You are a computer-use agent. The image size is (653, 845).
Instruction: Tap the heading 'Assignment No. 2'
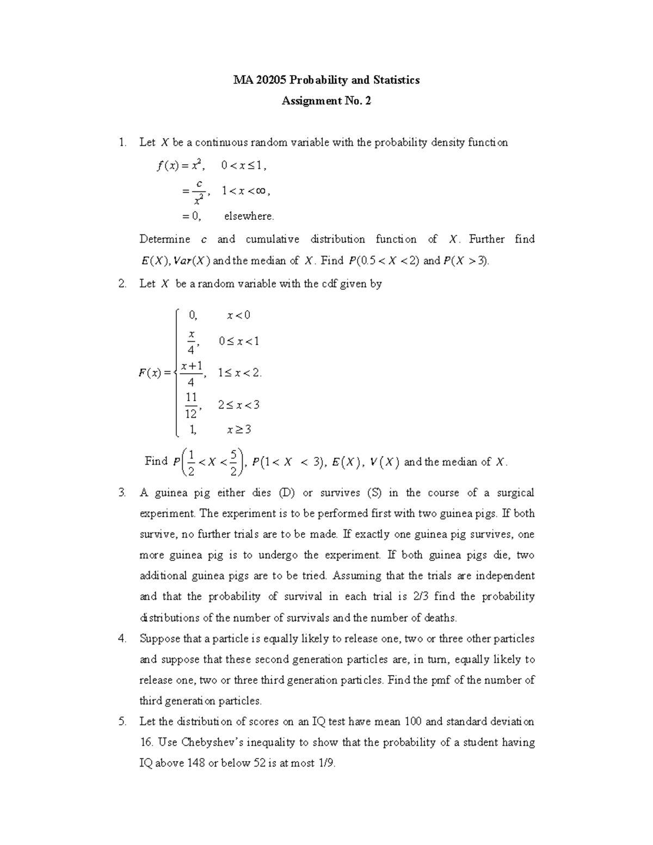[x=326, y=101]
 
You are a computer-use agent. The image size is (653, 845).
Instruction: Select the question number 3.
[x=122, y=493]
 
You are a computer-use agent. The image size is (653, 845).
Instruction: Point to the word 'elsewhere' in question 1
[x=249, y=216]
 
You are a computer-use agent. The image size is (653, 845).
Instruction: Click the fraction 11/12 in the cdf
[x=191, y=405]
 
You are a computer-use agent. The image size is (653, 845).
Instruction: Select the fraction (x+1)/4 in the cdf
[x=192, y=373]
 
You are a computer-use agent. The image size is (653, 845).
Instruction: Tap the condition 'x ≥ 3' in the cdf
[x=239, y=430]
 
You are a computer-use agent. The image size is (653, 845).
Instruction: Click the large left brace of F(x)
[x=177, y=373]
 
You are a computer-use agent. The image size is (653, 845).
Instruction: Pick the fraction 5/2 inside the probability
[x=233, y=462]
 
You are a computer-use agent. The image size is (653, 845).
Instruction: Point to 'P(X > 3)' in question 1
[x=466, y=261]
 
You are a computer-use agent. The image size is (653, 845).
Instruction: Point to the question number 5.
[x=122, y=722]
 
